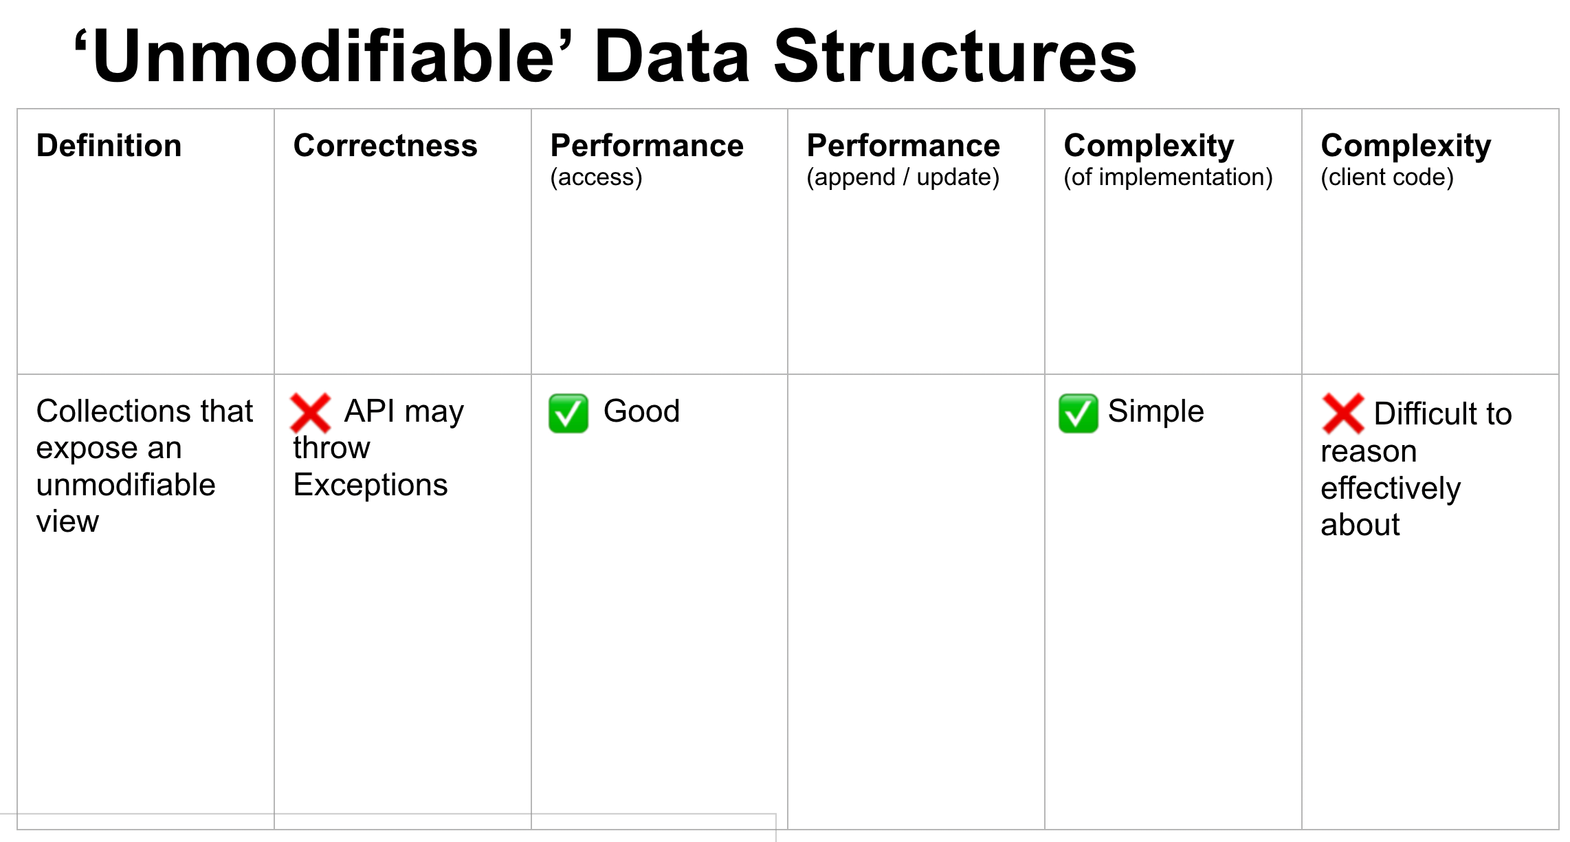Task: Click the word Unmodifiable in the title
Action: click(323, 56)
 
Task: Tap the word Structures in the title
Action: click(955, 56)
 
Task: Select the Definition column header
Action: click(109, 146)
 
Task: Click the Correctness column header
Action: click(385, 146)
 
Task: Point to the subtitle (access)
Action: click(596, 177)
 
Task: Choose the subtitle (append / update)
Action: click(903, 177)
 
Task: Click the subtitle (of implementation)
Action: click(1168, 177)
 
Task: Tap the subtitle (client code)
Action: click(1387, 177)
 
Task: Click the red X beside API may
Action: click(311, 413)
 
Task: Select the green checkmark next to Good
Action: click(568, 413)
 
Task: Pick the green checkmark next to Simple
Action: click(1079, 413)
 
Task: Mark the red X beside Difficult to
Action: click(1343, 413)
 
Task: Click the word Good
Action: click(641, 411)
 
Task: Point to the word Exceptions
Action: click(371, 486)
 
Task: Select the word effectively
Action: click(1391, 489)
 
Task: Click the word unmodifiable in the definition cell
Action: click(126, 485)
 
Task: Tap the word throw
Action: click(331, 448)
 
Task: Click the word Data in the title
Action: click(672, 56)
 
